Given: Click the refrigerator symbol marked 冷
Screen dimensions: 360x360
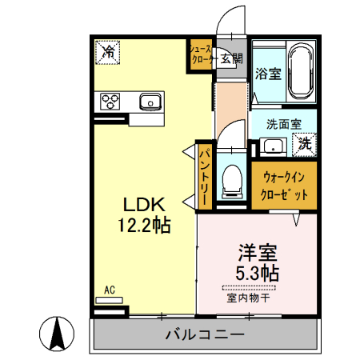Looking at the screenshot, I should click(107, 52).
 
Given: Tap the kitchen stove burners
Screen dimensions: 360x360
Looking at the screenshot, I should click(109, 102).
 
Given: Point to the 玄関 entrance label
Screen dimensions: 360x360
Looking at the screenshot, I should click(231, 58).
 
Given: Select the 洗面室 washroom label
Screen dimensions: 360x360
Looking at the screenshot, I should click(284, 125).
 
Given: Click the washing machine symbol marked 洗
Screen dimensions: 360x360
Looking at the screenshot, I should click(306, 145).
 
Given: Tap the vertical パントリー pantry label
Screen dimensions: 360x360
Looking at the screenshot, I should click(205, 174).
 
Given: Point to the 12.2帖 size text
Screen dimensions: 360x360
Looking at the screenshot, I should click(144, 226).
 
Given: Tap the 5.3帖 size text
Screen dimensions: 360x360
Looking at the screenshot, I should click(257, 272).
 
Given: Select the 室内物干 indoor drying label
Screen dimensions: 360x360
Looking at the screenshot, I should click(250, 298).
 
